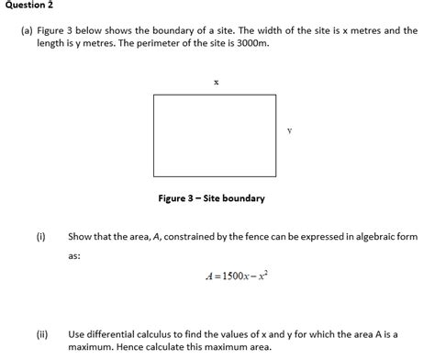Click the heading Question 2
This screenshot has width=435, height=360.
coord(28,6)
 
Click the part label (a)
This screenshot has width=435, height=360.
coord(28,30)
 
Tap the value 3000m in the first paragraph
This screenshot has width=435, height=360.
coord(252,43)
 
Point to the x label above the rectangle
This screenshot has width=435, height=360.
coord(217,82)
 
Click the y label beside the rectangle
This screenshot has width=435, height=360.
coord(289,131)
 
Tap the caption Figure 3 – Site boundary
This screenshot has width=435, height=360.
coord(212,198)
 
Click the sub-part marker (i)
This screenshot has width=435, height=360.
coord(41,236)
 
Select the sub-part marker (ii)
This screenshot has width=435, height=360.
coord(42,334)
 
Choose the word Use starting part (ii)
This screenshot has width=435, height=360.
coord(77,334)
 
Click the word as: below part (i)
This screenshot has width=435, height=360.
coord(74,256)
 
